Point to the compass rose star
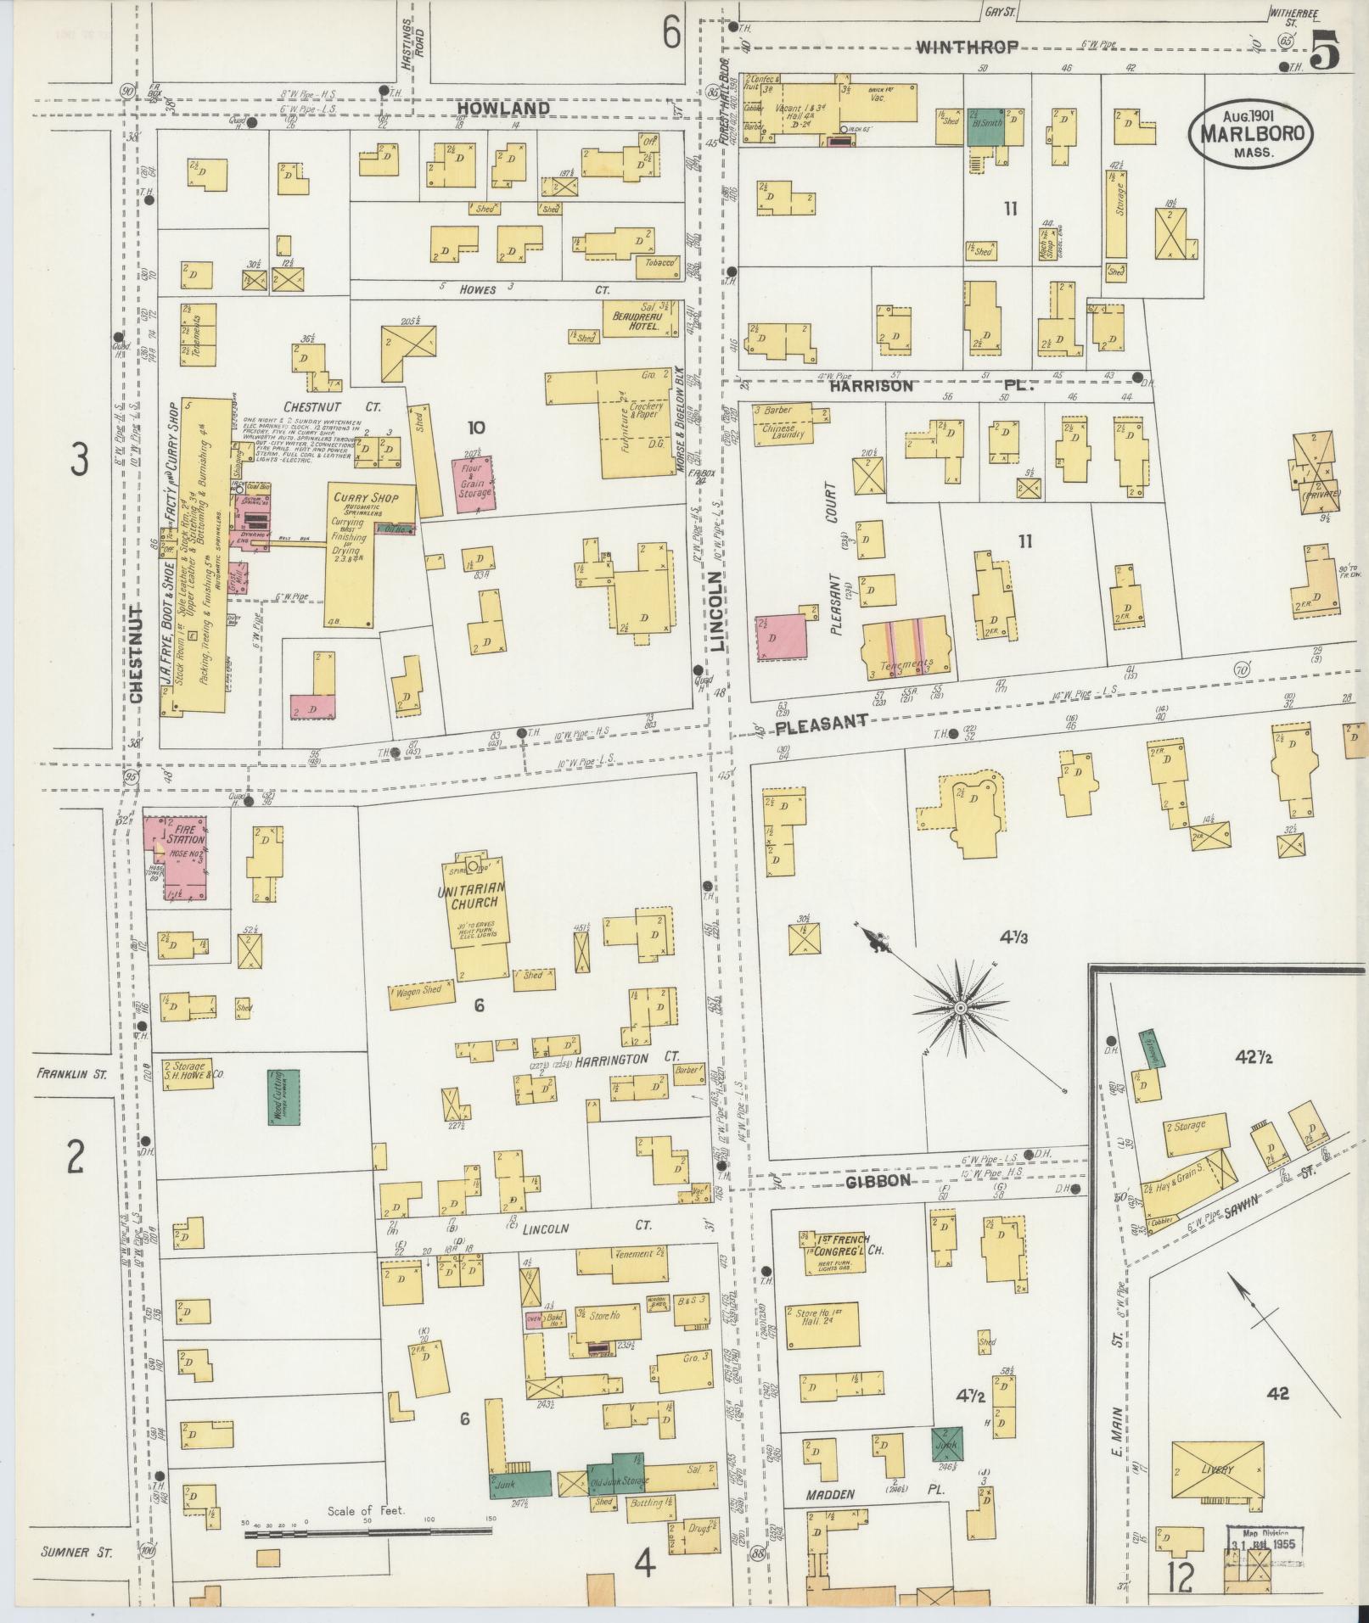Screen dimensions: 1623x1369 pyautogui.click(x=960, y=1007)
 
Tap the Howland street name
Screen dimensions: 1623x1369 pyautogui.click(x=502, y=109)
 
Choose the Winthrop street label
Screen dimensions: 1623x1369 pyautogui.click(x=968, y=48)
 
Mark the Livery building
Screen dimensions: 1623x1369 pyautogui.click(x=1215, y=1470)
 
